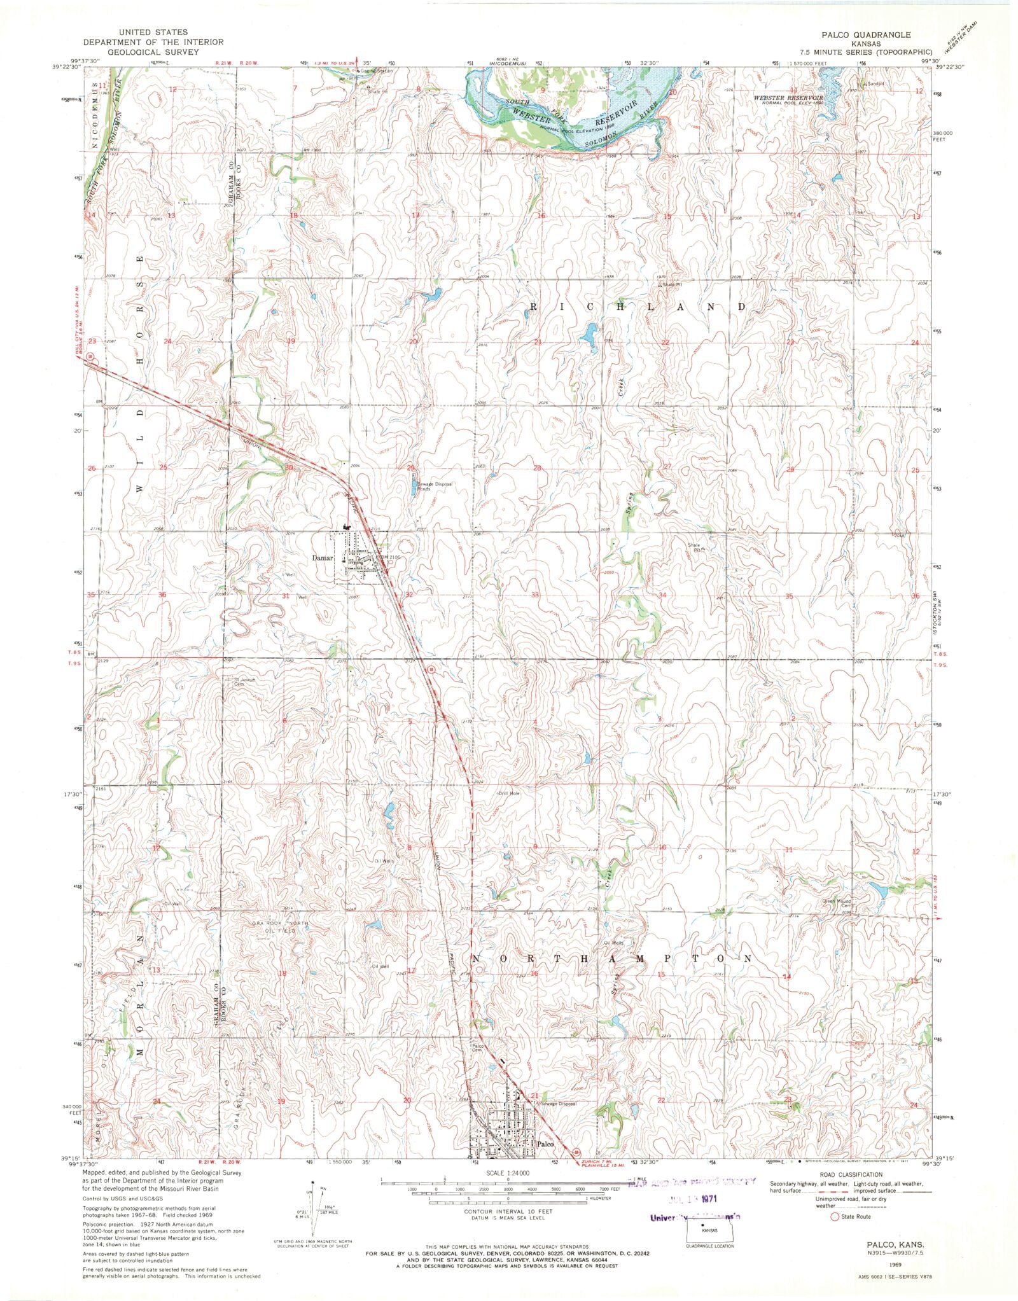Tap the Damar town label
[x=323, y=558]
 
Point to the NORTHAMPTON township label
[x=611, y=958]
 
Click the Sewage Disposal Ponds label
[x=435, y=486]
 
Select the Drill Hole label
[x=509, y=793]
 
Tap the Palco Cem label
[x=478, y=1066]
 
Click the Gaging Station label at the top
[x=377, y=71]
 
